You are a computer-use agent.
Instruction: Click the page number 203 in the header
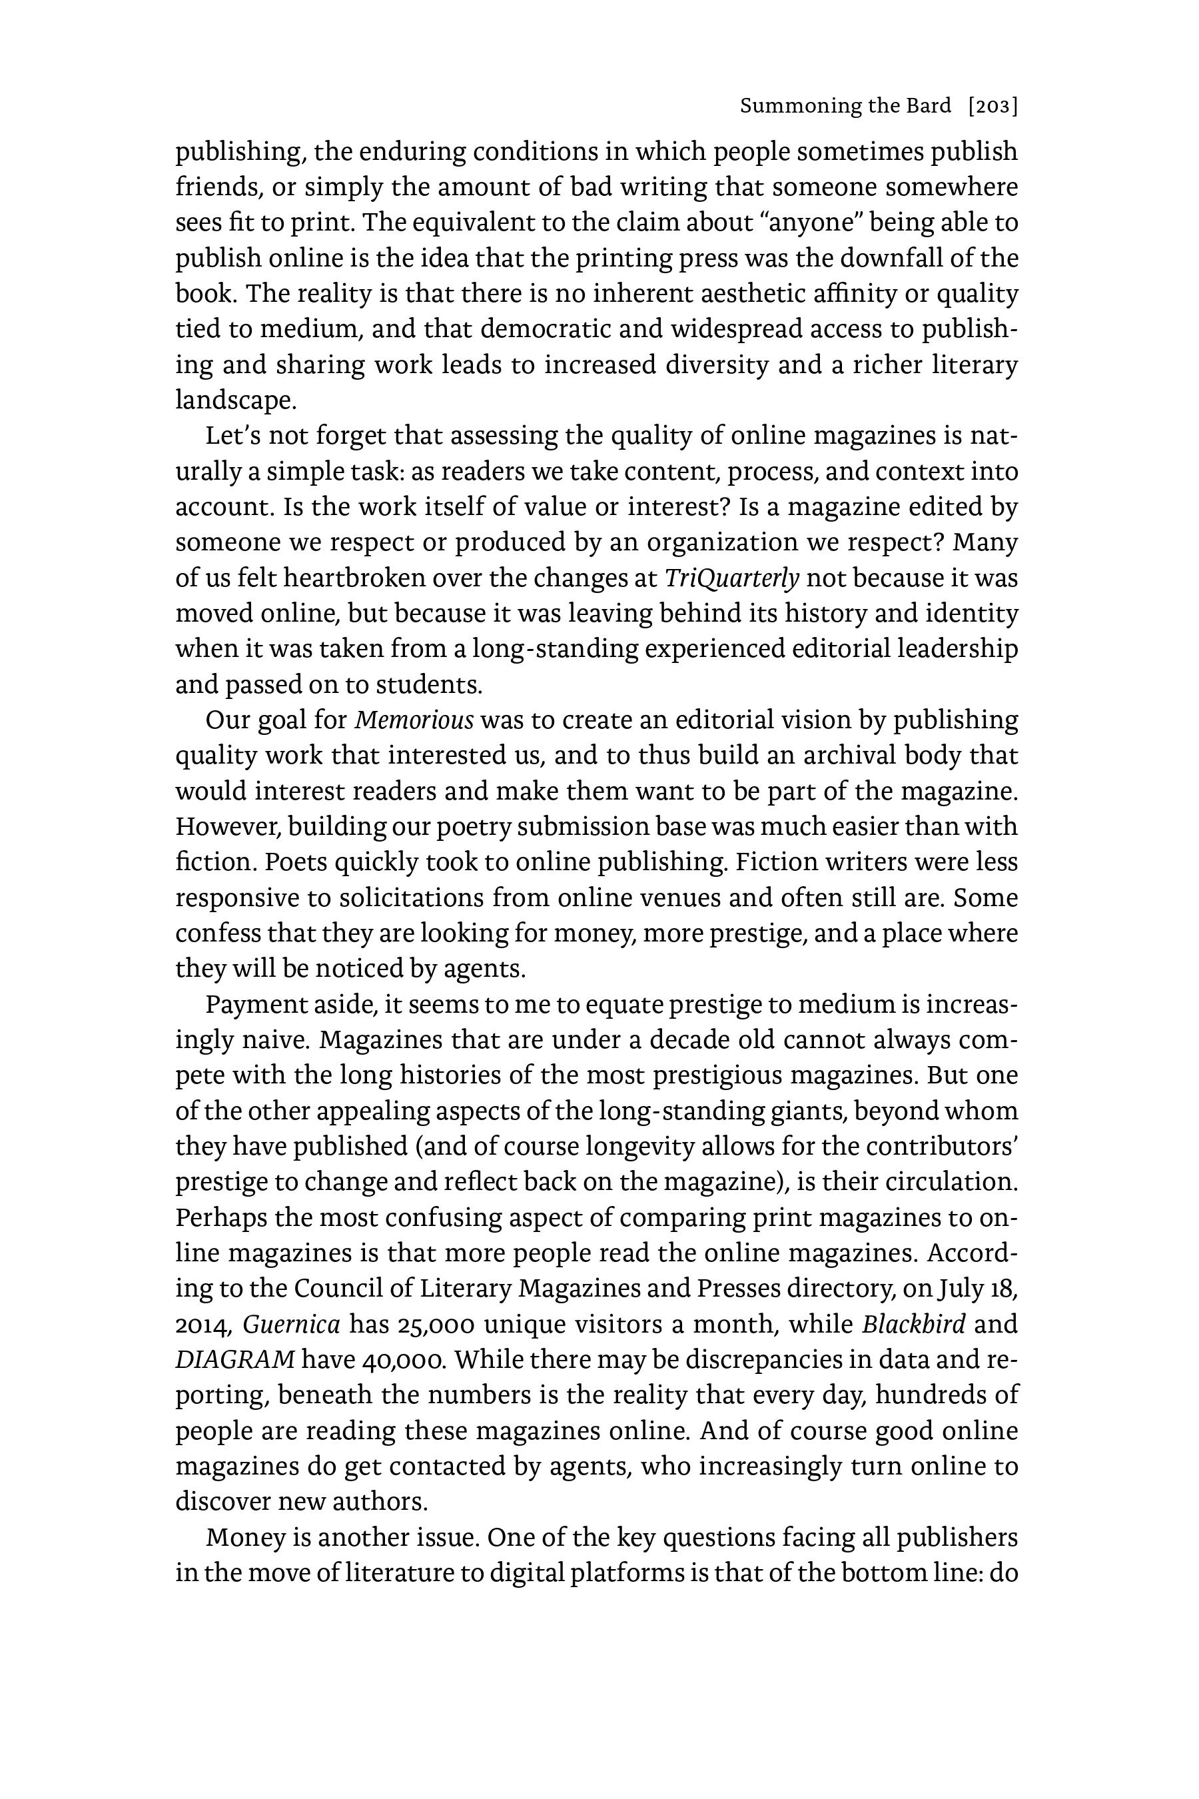click(993, 107)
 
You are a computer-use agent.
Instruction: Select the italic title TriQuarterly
click(732, 578)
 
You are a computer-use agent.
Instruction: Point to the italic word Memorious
click(414, 720)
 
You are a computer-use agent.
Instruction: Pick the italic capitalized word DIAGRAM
click(234, 1359)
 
